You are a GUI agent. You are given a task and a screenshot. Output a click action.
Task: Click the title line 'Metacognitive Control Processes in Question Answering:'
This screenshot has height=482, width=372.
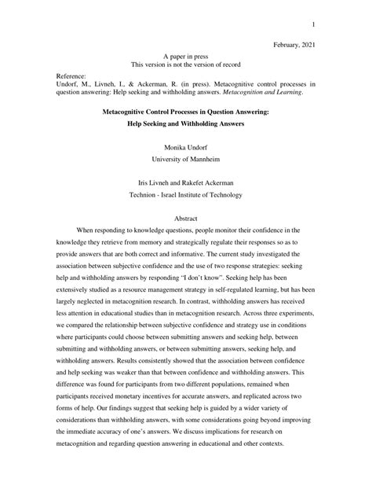[x=186, y=112]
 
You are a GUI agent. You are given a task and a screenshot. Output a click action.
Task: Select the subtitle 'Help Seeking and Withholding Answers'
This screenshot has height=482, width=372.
[x=186, y=126]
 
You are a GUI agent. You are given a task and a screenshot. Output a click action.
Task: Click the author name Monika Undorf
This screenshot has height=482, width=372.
[x=186, y=147]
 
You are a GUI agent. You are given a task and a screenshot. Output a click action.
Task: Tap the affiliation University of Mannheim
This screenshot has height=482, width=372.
[x=186, y=157]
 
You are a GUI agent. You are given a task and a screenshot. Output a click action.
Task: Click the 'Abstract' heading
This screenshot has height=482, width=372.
[x=186, y=219]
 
